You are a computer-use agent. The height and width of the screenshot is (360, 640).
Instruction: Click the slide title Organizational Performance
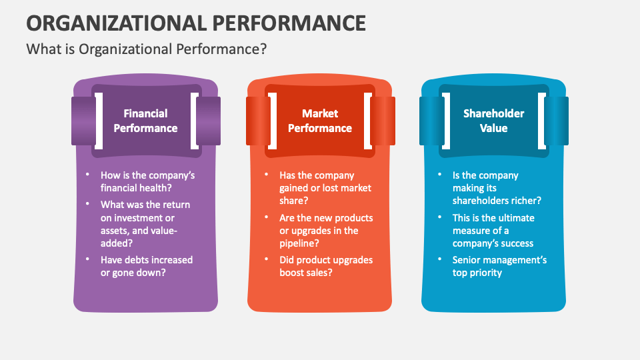[196, 22]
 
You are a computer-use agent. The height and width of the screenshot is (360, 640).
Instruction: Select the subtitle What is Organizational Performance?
[147, 49]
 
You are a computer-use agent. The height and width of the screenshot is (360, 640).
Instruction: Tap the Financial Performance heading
[145, 121]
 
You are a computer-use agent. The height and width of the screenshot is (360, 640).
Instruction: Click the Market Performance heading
[320, 121]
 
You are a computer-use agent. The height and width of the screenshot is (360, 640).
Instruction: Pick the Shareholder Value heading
[494, 121]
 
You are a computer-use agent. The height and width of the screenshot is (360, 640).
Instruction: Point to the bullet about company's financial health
[147, 181]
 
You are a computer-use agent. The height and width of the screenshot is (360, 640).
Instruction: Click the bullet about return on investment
[145, 224]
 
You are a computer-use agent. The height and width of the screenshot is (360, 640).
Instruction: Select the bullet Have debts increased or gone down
[146, 266]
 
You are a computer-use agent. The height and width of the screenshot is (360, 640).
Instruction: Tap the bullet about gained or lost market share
[325, 188]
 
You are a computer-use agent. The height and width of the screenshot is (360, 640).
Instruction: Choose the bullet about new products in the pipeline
[326, 230]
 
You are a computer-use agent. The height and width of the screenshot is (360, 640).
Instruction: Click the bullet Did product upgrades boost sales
[326, 266]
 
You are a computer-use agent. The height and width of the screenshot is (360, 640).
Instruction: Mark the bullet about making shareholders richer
[497, 188]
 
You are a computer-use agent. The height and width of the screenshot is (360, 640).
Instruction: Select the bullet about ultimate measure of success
[493, 230]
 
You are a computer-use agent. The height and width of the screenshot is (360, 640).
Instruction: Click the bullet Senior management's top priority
[499, 266]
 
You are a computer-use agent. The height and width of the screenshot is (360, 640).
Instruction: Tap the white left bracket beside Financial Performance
[98, 121]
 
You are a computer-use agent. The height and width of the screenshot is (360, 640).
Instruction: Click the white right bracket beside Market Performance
[368, 121]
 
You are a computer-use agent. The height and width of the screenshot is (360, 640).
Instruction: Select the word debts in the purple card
[138, 259]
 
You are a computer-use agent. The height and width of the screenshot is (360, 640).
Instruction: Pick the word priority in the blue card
[486, 273]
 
